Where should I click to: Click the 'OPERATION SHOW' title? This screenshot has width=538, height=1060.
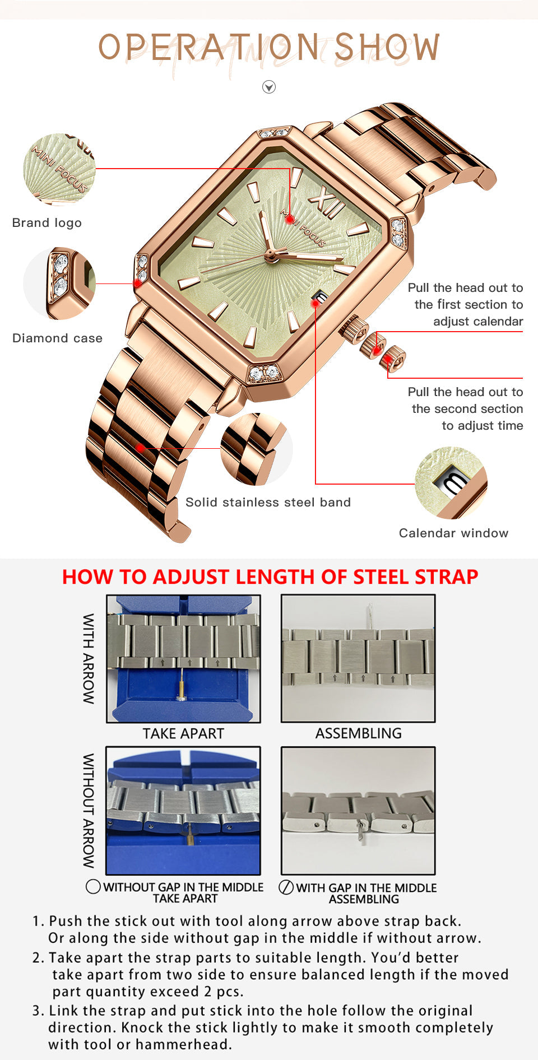[269, 47]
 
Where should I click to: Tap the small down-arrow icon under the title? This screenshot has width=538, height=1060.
[269, 87]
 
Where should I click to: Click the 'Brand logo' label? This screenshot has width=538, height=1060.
[47, 223]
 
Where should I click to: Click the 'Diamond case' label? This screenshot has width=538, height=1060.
[57, 338]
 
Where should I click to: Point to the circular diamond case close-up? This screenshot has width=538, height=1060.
[59, 283]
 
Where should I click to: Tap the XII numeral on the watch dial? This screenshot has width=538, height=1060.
[327, 201]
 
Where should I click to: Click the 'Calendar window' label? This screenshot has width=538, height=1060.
[454, 533]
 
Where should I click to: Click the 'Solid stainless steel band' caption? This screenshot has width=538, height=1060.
[268, 503]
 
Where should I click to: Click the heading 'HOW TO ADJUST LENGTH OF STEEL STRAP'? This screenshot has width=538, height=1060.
[270, 577]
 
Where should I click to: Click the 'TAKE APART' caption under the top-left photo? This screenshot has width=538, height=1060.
[183, 733]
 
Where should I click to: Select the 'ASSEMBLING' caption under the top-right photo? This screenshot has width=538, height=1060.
[359, 733]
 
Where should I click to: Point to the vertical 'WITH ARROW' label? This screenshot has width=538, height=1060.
[89, 658]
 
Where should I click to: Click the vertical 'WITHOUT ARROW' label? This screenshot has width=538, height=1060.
[89, 811]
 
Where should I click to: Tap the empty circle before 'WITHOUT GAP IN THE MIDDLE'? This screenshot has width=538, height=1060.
[93, 887]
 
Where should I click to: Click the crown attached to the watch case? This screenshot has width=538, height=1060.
[354, 329]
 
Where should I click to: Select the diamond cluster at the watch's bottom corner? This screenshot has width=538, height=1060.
[264, 373]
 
